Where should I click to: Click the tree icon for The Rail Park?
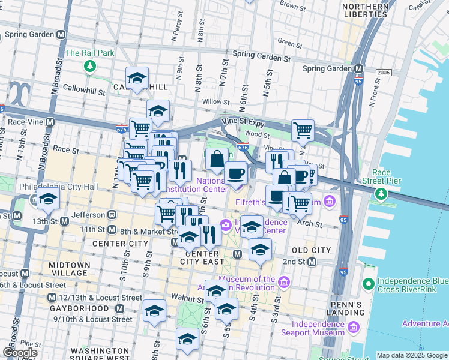pyautogui.click(x=90, y=65)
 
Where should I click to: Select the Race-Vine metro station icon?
pyautogui.click(x=50, y=121)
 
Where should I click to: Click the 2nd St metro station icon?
pyautogui.click(x=311, y=262)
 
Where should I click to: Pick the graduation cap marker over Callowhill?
pyautogui.click(x=137, y=78)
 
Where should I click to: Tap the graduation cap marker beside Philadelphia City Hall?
pyautogui.click(x=48, y=200)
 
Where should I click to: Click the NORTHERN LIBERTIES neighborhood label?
pyautogui.click(x=364, y=10)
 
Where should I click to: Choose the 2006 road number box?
pyautogui.click(x=384, y=73)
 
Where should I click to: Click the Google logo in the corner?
pyautogui.click(x=20, y=353)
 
